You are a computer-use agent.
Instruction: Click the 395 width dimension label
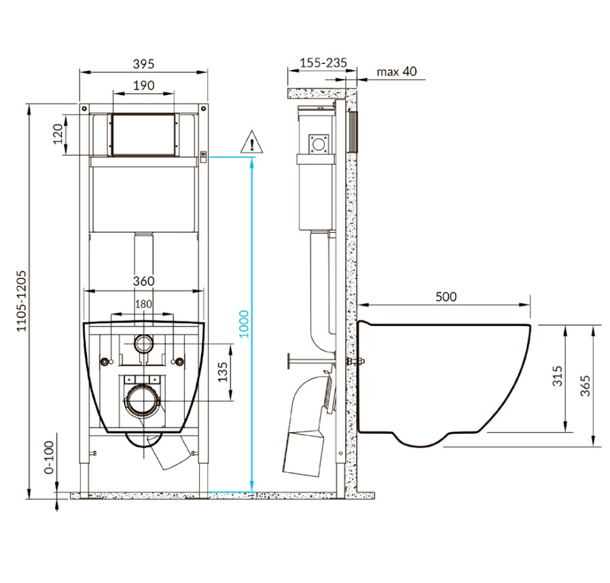[143, 63]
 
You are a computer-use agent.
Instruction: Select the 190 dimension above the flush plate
[143, 85]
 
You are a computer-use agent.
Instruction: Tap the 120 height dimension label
[58, 134]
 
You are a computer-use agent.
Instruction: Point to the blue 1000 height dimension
[244, 324]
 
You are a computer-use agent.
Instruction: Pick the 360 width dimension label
[143, 281]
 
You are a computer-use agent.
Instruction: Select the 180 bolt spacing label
[143, 304]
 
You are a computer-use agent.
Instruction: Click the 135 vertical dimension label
[223, 372]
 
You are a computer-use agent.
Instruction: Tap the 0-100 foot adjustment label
[50, 457]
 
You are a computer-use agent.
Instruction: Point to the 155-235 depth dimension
[323, 63]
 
